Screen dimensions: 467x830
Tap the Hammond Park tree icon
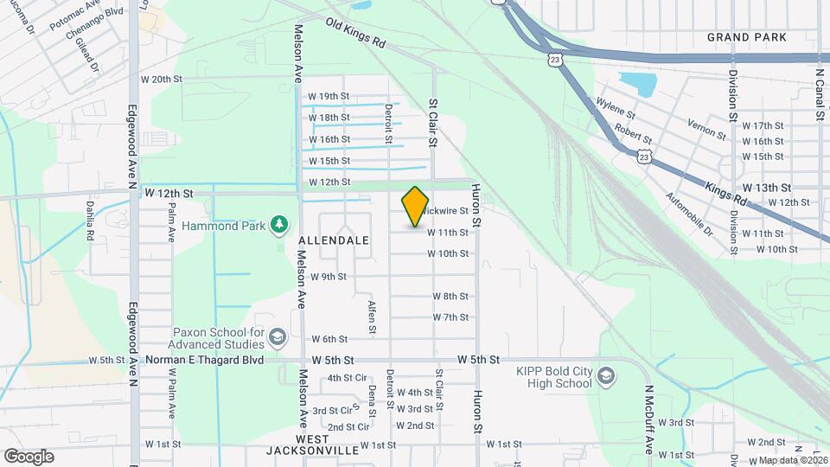[279, 225]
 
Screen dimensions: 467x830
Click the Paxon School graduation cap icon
[278, 336]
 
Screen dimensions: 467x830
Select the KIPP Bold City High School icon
[606, 374]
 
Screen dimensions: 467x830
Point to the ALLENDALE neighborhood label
[334, 240]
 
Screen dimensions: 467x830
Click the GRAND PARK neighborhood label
[746, 37]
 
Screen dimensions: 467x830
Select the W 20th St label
[163, 79]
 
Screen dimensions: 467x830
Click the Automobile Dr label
[689, 214]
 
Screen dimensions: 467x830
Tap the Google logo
[29, 456]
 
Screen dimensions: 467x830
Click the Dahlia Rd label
[89, 220]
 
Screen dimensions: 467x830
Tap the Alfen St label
[372, 317]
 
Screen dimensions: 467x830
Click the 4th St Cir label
[348, 378]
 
